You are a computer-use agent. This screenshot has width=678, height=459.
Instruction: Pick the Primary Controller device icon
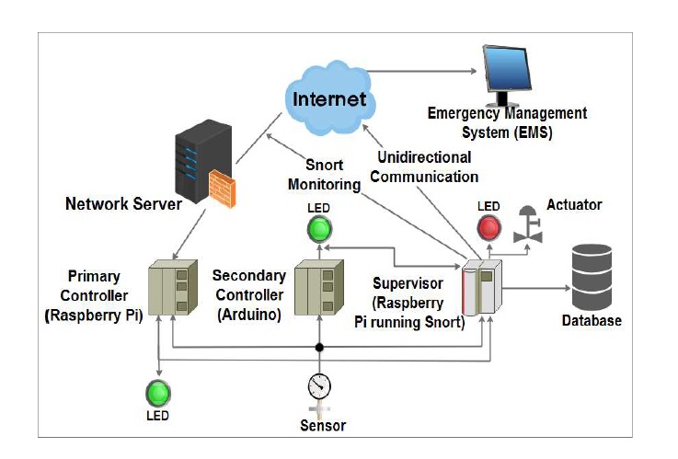173,288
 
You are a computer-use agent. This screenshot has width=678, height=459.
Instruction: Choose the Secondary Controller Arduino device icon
318,288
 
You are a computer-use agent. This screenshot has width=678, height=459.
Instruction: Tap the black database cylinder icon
594,278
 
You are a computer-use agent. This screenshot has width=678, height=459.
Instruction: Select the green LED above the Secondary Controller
319,227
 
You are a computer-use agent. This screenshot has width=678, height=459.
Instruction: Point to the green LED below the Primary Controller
160,393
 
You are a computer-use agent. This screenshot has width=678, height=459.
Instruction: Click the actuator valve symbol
527,226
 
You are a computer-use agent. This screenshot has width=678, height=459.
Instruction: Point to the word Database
592,321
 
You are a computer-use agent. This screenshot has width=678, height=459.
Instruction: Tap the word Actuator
574,204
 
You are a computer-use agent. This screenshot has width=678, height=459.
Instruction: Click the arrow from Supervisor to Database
534,287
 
